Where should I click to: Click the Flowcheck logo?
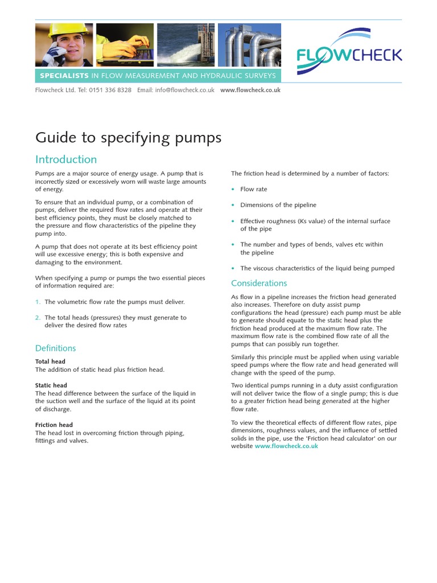coord(349,52)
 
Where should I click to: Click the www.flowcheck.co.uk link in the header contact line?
coord(250,90)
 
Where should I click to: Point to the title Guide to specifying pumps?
coord(128,138)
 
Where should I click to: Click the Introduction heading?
coord(66,159)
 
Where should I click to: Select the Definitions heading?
coord(55,348)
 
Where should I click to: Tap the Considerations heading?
coord(259,283)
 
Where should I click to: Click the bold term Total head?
coord(50,362)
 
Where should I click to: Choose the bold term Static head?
coord(51,385)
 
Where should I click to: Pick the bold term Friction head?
coord(54,425)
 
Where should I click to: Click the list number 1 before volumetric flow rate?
coord(38,302)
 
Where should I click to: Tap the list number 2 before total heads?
coord(38,318)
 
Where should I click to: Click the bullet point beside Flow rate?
coord(233,190)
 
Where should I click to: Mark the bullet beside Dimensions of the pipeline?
coord(233,205)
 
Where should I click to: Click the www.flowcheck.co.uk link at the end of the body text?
coord(286,446)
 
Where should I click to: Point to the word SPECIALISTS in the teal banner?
coord(64,76)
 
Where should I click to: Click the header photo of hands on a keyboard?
coord(124,45)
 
